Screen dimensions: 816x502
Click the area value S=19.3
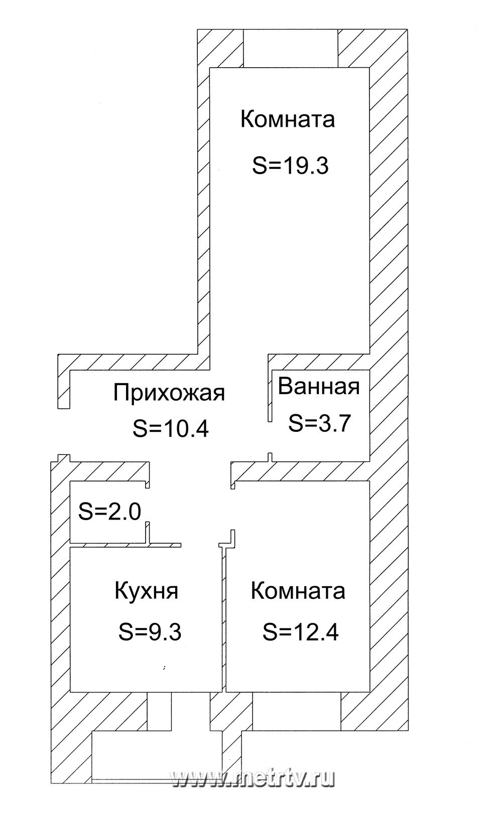point(290,165)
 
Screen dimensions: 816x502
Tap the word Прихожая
point(169,392)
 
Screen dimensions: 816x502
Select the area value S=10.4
point(170,429)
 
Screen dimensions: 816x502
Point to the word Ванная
point(319,387)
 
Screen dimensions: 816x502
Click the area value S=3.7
point(319,422)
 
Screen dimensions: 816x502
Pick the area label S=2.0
point(110,512)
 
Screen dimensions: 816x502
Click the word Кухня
point(147,590)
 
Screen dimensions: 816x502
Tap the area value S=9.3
point(150,631)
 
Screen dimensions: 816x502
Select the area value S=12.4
point(301,631)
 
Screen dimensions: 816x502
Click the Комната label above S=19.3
point(288,120)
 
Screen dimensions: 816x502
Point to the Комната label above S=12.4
point(298,591)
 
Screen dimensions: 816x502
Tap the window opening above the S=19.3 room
point(291,48)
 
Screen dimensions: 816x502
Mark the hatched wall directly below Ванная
point(301,471)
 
